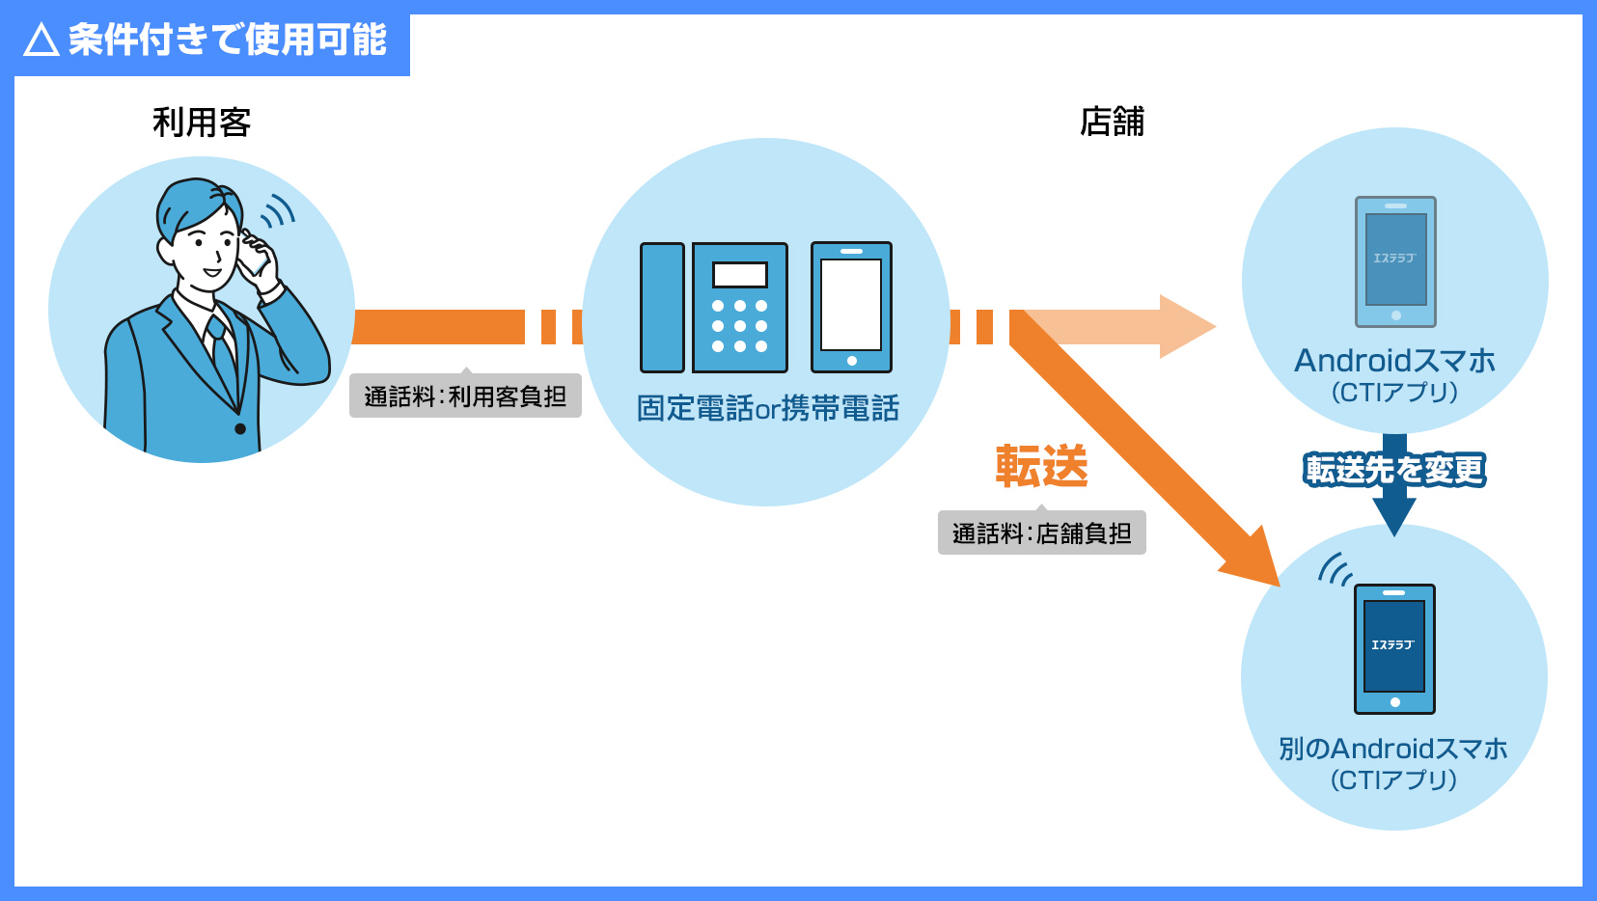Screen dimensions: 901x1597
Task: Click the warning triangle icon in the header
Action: (41, 41)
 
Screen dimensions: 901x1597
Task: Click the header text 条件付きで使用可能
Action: (228, 41)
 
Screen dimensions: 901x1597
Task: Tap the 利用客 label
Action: (202, 123)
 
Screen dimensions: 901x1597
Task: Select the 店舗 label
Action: (1112, 122)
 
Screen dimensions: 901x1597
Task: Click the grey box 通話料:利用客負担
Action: (465, 396)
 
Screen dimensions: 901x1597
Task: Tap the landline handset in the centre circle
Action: (662, 308)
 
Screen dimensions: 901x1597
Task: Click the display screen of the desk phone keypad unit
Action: (740, 275)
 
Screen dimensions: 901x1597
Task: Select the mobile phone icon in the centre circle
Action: (851, 307)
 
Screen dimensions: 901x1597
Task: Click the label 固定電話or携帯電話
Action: (767, 408)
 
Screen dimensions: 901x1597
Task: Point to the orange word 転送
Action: (1041, 466)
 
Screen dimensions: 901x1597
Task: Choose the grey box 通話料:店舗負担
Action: (1041, 532)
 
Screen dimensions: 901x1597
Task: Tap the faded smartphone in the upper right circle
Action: (1395, 261)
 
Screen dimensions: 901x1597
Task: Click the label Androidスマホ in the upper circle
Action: (1394, 361)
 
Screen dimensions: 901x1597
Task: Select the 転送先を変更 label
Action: (1394, 470)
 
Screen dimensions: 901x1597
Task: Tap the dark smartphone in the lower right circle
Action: (1394, 648)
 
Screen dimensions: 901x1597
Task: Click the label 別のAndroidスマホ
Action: (1393, 749)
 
